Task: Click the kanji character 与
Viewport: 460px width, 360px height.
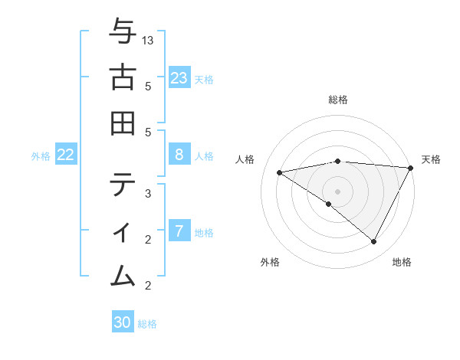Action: pos(123,31)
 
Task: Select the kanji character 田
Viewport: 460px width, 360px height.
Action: pos(123,123)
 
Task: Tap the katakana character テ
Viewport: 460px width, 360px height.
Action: pos(123,185)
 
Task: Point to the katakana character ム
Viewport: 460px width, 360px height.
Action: pos(123,274)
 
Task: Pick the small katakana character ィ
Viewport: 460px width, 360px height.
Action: pos(123,230)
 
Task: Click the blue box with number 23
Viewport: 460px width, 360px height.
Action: pos(179,77)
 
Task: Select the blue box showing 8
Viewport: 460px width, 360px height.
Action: pos(179,155)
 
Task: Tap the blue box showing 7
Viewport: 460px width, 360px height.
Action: pos(179,231)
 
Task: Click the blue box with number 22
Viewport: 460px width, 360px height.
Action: pos(65,155)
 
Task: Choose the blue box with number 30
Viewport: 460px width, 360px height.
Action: pos(122,322)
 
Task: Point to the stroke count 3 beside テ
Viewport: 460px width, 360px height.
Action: pos(148,193)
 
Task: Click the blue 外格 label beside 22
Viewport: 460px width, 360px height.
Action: pos(41,156)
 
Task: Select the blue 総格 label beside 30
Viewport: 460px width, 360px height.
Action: pos(147,324)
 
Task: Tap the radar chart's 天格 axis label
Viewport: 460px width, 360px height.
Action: pos(431,159)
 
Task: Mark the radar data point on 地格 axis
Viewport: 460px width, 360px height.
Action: pos(374,242)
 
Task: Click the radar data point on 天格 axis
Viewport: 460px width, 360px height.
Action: pos(410,168)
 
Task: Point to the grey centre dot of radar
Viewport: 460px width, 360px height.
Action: pos(338,191)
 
